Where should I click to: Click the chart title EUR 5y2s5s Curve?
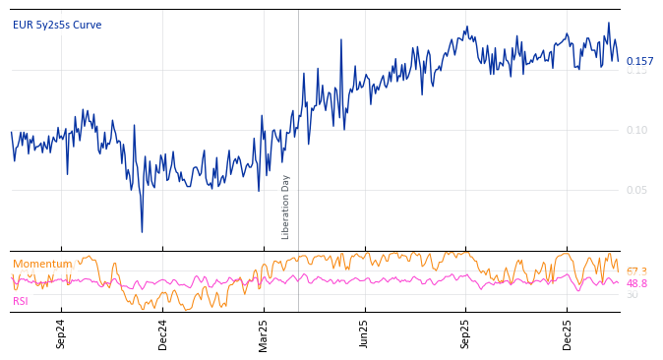[x=57, y=26]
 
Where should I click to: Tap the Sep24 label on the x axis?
[x=61, y=333]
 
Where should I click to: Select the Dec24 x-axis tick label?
[x=163, y=333]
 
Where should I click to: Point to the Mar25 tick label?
[x=264, y=333]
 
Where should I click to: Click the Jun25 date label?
[x=365, y=333]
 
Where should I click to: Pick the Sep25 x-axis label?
[x=466, y=333]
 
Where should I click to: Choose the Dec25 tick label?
[x=568, y=333]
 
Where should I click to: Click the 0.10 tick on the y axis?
[x=636, y=130]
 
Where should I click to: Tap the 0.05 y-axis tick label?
[x=636, y=190]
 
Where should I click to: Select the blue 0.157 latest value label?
[x=639, y=61]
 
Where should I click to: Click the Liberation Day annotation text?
[x=286, y=207]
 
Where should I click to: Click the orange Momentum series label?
[x=42, y=264]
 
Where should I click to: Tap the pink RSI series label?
[x=21, y=301]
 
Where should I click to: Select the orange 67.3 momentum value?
[x=636, y=271]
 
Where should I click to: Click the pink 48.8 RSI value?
[x=636, y=283]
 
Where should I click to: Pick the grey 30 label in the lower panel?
[x=632, y=294]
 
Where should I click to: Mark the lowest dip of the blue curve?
[x=142, y=232]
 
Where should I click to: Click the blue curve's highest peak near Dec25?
[x=608, y=23]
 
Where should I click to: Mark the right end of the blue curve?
[x=619, y=60]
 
